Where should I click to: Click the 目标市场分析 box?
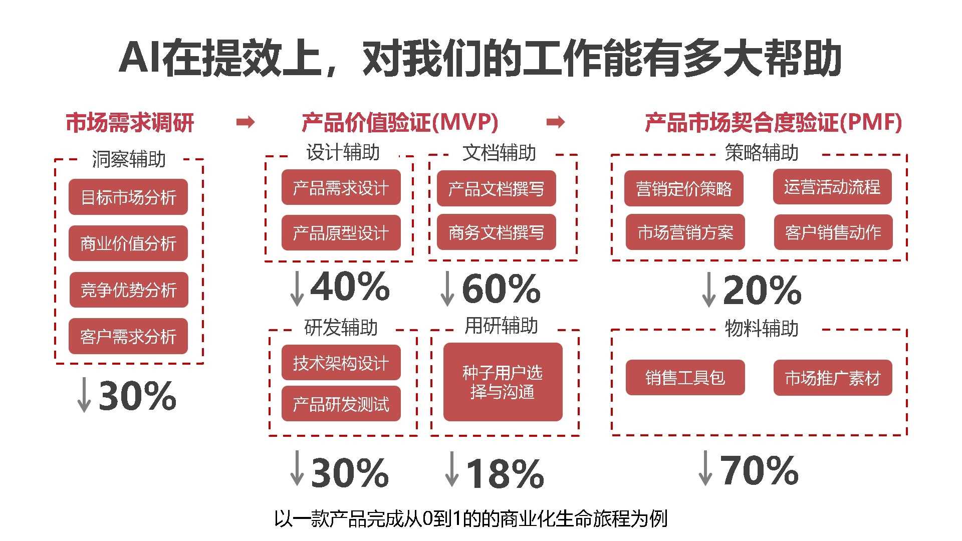point(128,197)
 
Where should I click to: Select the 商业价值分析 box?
point(128,243)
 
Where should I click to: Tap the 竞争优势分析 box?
point(129,290)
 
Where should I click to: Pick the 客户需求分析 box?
point(128,336)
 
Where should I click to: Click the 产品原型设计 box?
point(341,232)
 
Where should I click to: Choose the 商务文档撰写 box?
point(496,232)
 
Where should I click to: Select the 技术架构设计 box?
point(341,363)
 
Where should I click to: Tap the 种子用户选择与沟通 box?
point(503,382)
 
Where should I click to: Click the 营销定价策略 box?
point(683,188)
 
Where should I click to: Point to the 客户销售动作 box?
point(833,232)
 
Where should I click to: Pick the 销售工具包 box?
point(685,378)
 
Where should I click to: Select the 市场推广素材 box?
point(832,378)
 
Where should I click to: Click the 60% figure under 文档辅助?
point(501,289)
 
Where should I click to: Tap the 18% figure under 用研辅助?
point(505,473)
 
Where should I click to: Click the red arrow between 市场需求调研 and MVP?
point(246,122)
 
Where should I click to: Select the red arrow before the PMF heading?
point(555,122)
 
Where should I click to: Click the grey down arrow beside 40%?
point(297,288)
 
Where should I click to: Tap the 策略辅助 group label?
point(762,152)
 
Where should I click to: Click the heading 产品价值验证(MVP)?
point(399,122)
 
